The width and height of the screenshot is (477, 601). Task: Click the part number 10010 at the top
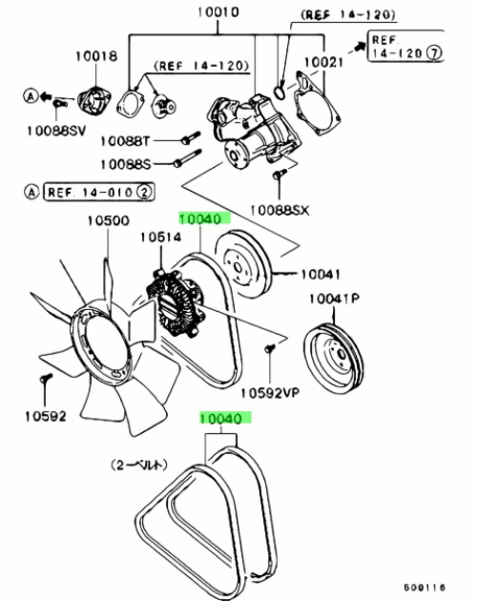click(x=218, y=11)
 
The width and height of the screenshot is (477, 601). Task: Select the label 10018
click(x=96, y=56)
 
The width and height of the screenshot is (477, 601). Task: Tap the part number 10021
click(x=323, y=62)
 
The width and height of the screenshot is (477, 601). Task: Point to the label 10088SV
click(x=56, y=131)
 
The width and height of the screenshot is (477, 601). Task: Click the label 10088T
click(x=125, y=141)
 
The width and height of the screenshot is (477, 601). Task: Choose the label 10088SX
click(x=280, y=210)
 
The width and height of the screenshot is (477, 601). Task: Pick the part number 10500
click(x=109, y=220)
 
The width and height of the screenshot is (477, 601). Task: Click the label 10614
click(x=160, y=238)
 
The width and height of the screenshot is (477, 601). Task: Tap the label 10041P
click(x=334, y=299)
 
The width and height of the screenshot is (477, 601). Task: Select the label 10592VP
click(x=270, y=393)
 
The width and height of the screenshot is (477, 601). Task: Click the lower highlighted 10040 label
click(x=225, y=418)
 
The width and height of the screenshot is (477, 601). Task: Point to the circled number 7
click(x=434, y=52)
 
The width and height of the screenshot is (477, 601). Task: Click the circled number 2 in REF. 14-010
click(x=145, y=192)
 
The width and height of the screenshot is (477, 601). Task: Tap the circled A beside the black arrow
click(x=31, y=95)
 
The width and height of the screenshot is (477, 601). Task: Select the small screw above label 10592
click(x=46, y=379)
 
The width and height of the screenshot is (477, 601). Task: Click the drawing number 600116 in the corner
click(x=425, y=587)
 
